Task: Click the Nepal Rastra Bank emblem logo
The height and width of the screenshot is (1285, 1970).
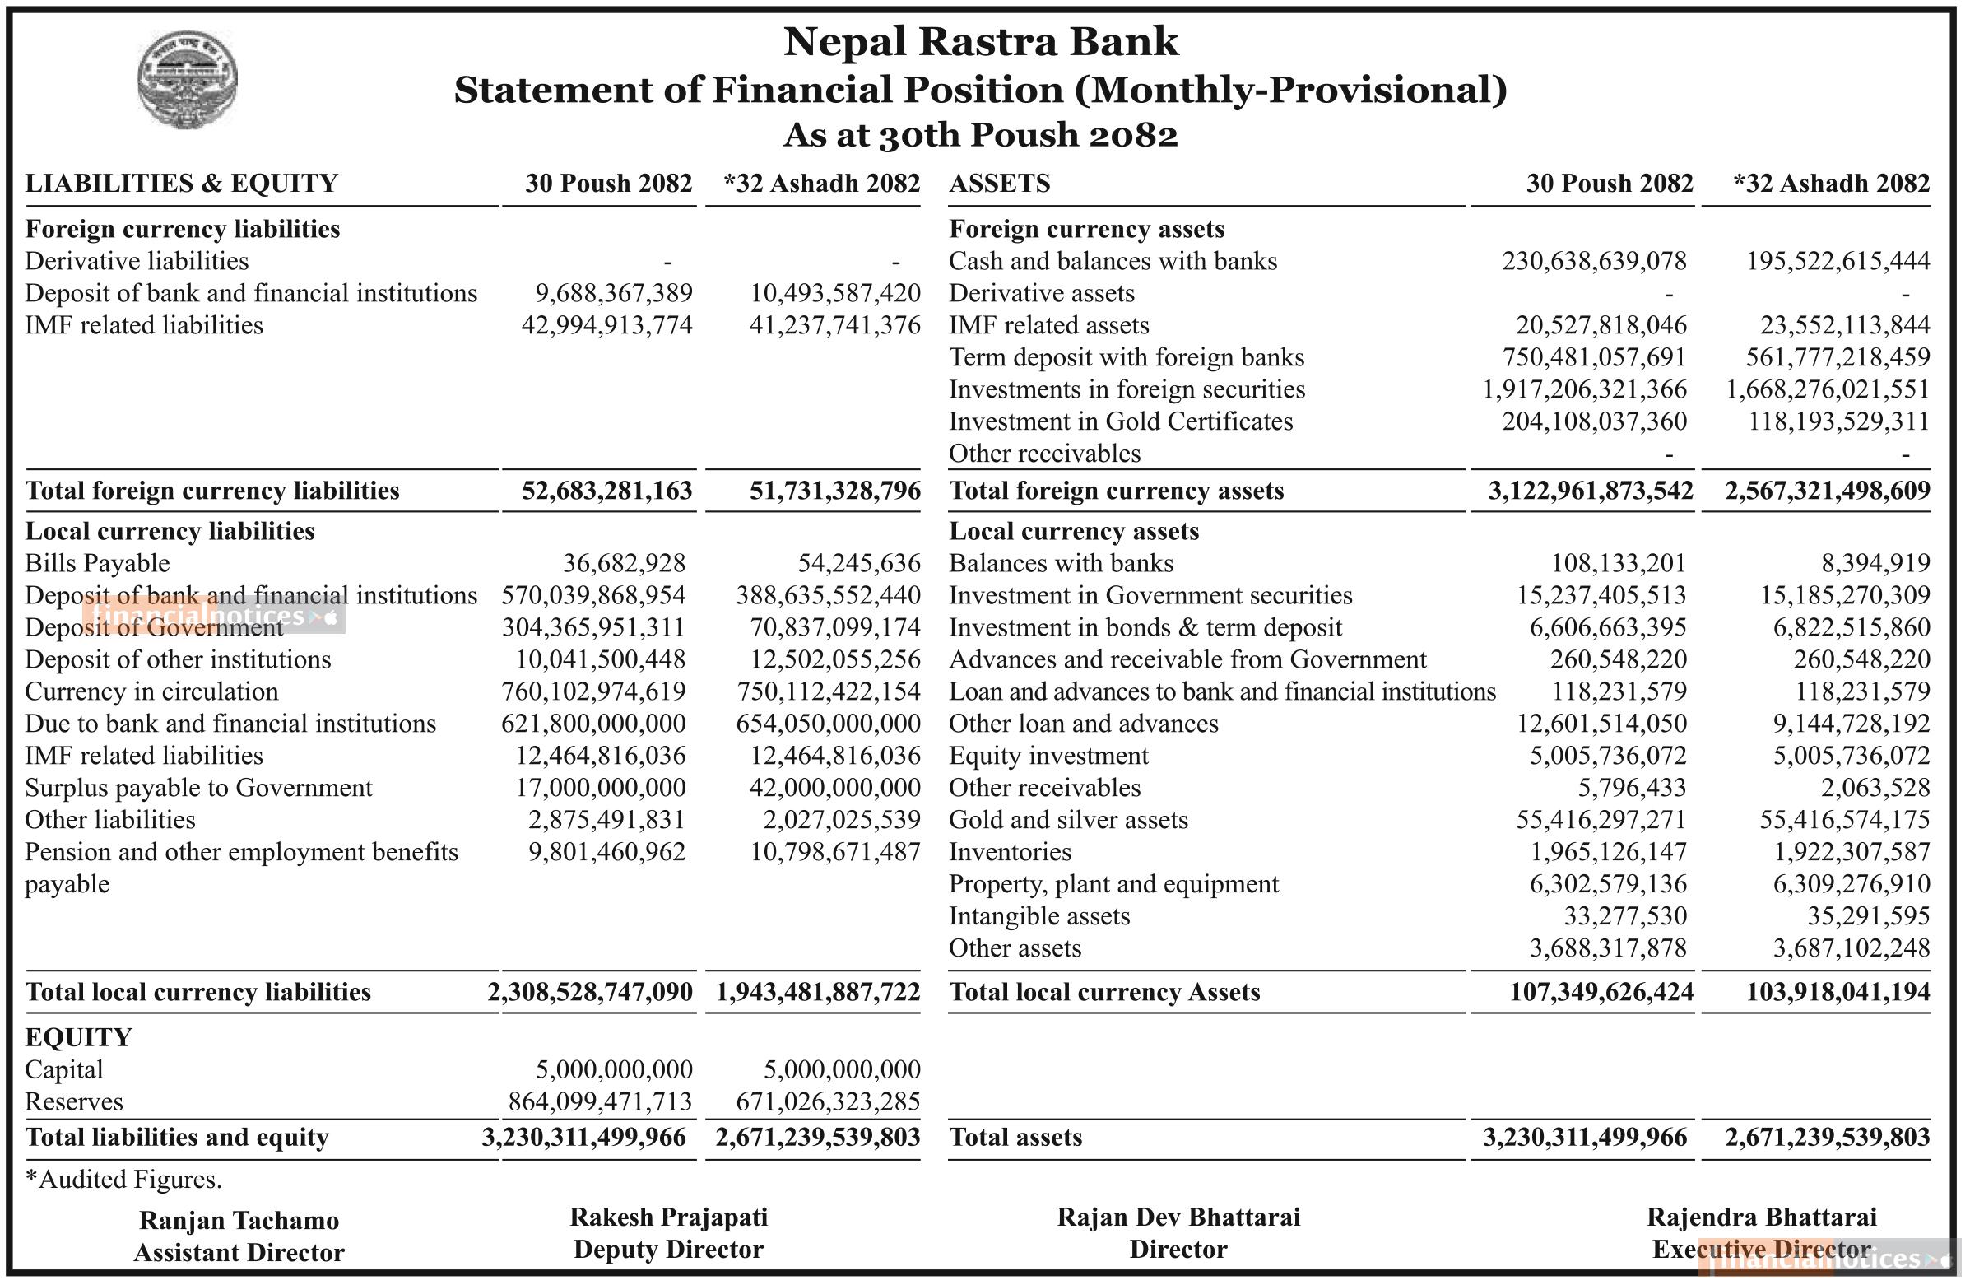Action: (x=187, y=79)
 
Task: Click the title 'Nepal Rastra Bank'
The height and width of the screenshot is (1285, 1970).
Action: (x=980, y=41)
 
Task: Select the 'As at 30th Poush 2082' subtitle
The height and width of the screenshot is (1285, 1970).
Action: (x=980, y=135)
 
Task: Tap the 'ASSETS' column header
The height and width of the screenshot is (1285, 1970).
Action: (x=999, y=183)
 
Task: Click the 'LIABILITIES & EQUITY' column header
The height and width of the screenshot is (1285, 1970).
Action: (x=181, y=183)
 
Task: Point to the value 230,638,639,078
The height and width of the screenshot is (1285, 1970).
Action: (x=1593, y=261)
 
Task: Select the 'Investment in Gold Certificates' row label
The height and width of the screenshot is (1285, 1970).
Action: (x=1120, y=421)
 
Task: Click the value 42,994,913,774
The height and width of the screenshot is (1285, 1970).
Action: (x=606, y=325)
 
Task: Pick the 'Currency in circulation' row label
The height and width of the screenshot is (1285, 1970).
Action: (x=151, y=691)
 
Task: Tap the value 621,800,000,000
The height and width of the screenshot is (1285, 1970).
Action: (x=593, y=724)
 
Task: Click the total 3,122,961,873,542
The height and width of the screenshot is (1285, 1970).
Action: (x=1590, y=491)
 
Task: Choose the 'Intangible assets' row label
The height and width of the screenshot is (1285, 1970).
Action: (x=1038, y=915)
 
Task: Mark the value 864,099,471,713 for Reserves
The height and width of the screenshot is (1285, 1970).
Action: (x=600, y=1101)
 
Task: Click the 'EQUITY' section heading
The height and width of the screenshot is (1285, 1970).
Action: (x=79, y=1037)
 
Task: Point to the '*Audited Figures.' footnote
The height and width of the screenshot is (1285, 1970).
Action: (x=123, y=1179)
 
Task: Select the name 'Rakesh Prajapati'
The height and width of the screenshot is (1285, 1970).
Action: (x=668, y=1217)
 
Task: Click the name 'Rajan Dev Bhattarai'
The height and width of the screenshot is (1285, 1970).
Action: (x=1178, y=1217)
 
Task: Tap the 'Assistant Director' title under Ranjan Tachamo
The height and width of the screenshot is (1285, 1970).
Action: (x=239, y=1252)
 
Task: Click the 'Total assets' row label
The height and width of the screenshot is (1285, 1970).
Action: (x=1015, y=1137)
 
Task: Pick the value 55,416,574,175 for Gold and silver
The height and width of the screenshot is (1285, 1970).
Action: (x=1844, y=820)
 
